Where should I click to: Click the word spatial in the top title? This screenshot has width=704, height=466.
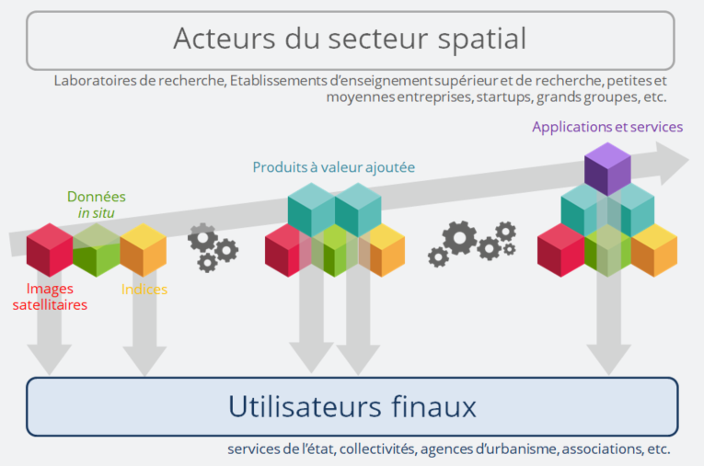pos(481,40)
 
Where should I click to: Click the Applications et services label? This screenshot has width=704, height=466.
pos(607,127)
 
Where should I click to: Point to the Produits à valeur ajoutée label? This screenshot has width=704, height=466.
pos(333,167)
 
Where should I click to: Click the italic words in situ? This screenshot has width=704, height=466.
pos(96,213)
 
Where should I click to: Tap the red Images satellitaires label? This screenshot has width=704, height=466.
pos(50,297)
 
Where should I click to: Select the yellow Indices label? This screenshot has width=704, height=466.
pos(144,290)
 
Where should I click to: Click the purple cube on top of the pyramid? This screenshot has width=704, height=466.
pos(607,169)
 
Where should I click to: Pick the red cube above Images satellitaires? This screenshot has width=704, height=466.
pos(50,250)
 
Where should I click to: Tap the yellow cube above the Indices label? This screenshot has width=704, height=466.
pos(144,250)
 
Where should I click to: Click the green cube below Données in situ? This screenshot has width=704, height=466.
pos(96,250)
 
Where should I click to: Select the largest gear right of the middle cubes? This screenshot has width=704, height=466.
pos(460,238)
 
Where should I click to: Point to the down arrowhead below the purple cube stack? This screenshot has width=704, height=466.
pos(609,359)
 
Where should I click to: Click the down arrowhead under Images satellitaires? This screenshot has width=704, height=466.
pos(50,359)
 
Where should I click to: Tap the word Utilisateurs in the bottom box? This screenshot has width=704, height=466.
pos(305,406)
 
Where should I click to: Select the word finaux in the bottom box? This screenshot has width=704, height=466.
pos(433,406)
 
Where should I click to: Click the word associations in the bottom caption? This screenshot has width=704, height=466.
pos(602,449)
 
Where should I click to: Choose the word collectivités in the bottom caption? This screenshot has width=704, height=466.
pos(377,449)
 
